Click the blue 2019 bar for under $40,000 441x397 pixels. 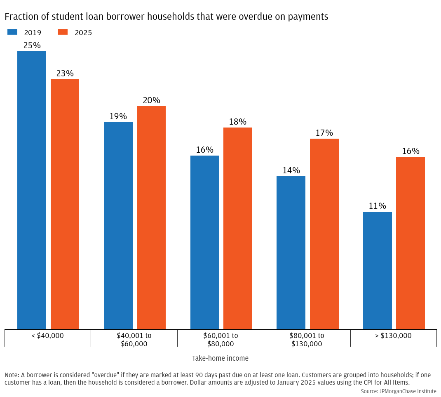[32, 190]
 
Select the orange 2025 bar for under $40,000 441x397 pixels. [65, 204]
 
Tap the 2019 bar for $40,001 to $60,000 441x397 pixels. [118, 226]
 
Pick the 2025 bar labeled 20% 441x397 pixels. [151, 217]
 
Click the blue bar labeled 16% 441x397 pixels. [205, 242]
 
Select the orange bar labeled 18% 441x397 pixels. [238, 228]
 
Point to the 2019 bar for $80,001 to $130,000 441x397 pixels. [291, 253]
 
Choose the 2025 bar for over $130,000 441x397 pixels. [411, 243]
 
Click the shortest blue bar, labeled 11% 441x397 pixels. [378, 270]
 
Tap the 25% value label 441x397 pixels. [32, 45]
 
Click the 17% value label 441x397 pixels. [324, 133]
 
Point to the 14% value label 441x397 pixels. [291, 170]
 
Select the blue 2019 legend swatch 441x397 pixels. [12, 32]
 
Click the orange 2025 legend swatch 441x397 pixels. [63, 32]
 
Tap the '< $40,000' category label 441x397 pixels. [47, 336]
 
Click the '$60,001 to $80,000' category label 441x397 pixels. [220, 340]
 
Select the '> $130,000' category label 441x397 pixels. [393, 336]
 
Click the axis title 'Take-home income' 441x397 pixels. [220, 358]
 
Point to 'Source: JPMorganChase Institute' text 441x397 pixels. [398, 391]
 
